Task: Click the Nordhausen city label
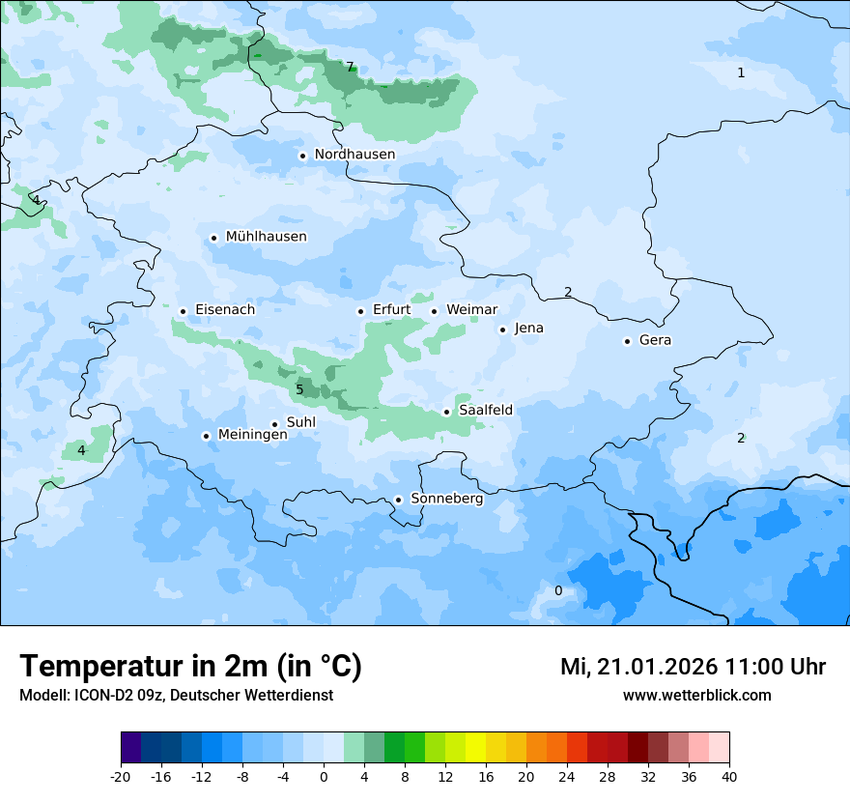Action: click(x=354, y=155)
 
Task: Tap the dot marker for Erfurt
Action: click(x=360, y=311)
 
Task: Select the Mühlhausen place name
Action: click(x=266, y=237)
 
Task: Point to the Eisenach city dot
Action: click(x=183, y=311)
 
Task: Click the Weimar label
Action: click(x=471, y=310)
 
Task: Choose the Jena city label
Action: click(x=528, y=329)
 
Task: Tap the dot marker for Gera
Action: click(x=627, y=341)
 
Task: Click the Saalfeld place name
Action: click(x=486, y=411)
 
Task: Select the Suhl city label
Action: click(x=300, y=422)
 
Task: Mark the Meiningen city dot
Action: click(x=206, y=436)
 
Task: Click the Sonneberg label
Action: click(x=446, y=500)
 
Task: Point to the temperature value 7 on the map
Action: click(x=350, y=68)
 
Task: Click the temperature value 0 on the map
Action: click(x=557, y=591)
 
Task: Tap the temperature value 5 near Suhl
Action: click(x=299, y=389)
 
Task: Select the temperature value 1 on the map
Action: click(x=741, y=73)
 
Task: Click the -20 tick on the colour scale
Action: click(x=121, y=776)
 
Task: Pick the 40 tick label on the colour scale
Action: click(x=728, y=776)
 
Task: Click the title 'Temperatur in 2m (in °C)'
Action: click(x=190, y=667)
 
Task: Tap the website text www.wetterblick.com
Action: click(x=696, y=695)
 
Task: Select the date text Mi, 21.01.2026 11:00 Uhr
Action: click(x=693, y=667)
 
